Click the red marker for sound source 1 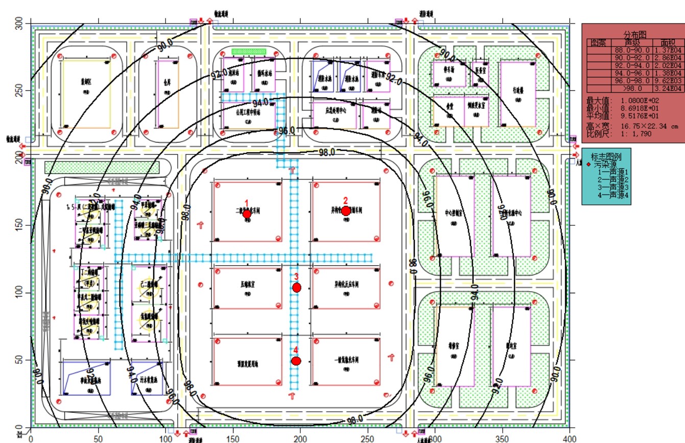pyautogui.click(x=247, y=214)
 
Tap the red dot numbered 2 pyautogui.click(x=346, y=211)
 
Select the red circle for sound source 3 pyautogui.click(x=297, y=288)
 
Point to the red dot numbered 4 pyautogui.click(x=296, y=361)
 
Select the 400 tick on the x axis pyautogui.click(x=569, y=438)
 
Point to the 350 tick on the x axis pyautogui.click(x=502, y=438)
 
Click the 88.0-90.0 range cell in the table pyautogui.click(x=632, y=50)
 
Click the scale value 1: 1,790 pyautogui.click(x=637, y=133)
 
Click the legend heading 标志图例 pyautogui.click(x=606, y=157)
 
